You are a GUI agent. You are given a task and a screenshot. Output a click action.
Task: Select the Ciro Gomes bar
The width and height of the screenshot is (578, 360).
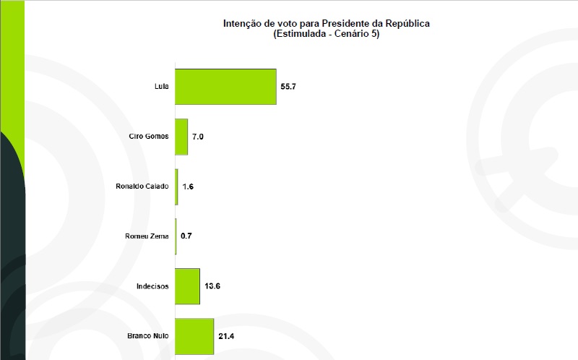point(181,137)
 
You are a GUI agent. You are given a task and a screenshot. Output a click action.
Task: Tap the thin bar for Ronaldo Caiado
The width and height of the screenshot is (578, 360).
point(177,187)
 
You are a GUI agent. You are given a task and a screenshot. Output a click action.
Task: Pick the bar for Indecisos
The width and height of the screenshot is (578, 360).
point(187,286)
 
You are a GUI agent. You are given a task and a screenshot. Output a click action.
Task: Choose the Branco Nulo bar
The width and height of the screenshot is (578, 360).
point(194,336)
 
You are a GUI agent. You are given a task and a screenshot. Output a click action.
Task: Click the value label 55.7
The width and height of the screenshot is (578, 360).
point(289,87)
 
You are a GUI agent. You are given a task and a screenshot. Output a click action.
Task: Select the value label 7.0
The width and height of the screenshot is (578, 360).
point(198,137)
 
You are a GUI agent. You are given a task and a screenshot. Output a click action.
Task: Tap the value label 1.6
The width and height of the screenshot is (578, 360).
point(188,187)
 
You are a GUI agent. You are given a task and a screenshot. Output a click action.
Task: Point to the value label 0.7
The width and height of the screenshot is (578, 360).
point(186,236)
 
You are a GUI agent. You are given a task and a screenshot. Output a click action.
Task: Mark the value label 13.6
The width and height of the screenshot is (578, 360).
point(212,286)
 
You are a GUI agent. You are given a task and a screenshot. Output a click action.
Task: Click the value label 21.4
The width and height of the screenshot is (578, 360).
point(226,336)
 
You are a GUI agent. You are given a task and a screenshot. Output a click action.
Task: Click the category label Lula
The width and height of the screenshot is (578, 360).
point(161,87)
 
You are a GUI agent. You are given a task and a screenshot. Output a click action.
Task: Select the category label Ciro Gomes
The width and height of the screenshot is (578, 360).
point(147,137)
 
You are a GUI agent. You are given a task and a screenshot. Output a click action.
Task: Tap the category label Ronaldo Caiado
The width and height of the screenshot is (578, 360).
point(142,187)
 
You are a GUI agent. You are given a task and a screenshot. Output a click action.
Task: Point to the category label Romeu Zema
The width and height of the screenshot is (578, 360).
point(147,236)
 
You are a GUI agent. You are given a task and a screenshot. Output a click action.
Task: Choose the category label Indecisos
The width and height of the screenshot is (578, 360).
point(152,286)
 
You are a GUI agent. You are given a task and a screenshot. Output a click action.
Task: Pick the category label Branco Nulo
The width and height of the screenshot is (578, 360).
point(147,336)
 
